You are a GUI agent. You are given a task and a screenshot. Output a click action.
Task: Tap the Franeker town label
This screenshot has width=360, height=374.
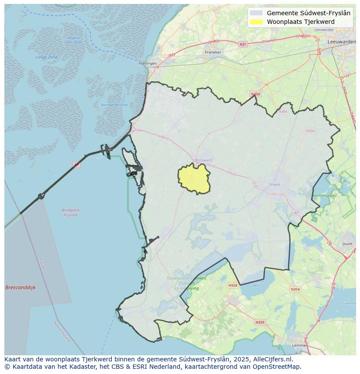[x=213, y=52]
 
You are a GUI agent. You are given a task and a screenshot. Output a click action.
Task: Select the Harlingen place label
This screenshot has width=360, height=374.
[x=147, y=63]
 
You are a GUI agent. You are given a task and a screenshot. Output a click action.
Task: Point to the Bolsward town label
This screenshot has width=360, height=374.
[x=203, y=160]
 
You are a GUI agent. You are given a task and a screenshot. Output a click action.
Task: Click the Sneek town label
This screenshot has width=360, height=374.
[x=275, y=185]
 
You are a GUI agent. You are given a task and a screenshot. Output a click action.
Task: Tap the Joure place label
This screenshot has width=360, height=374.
[x=347, y=244]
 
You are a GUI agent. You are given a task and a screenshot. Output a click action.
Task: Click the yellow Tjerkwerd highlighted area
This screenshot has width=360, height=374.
[x=194, y=178]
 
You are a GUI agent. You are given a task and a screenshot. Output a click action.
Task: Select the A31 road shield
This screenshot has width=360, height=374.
[x=243, y=44]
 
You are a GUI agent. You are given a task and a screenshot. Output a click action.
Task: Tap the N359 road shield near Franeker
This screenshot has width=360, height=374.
[x=255, y=94]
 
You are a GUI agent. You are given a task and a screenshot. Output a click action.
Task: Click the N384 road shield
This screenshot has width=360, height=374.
[x=283, y=112]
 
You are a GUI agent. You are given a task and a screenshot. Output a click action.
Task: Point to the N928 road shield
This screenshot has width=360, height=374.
[x=233, y=285]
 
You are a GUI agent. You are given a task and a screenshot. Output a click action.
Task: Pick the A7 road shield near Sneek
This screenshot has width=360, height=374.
[x=297, y=213]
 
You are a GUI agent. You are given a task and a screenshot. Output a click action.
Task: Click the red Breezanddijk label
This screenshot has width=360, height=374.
[x=20, y=288]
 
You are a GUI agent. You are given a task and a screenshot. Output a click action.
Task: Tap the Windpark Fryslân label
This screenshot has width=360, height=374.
[x=70, y=212]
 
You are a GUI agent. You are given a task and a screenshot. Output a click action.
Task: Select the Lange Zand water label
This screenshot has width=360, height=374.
[x=46, y=57]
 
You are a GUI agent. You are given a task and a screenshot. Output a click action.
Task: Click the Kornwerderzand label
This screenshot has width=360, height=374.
[x=114, y=105]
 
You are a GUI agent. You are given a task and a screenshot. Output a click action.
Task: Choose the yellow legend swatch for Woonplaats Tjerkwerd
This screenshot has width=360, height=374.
[x=257, y=22]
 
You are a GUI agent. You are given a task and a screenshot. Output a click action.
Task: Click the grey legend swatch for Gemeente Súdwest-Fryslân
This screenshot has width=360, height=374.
[x=257, y=13]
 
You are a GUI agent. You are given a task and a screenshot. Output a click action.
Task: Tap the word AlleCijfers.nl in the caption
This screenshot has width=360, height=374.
[x=273, y=359]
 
